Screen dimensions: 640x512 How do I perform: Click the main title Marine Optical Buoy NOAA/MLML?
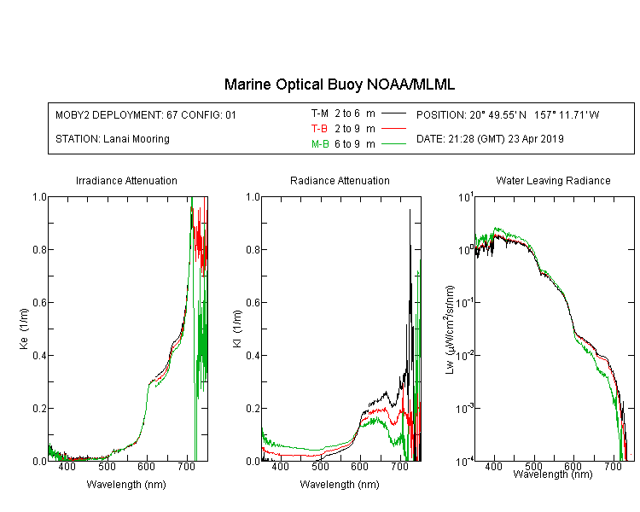pyautogui.click(x=339, y=84)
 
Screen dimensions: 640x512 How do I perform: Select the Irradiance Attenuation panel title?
pyautogui.click(x=126, y=180)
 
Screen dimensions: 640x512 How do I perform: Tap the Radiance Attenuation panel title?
pyautogui.click(x=340, y=180)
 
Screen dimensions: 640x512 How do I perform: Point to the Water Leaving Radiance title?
pyautogui.click(x=553, y=180)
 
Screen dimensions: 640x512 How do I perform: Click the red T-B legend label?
pyautogui.click(x=319, y=129)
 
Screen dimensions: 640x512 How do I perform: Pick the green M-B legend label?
pyautogui.click(x=320, y=143)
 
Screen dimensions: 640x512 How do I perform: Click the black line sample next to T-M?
pyautogui.click(x=393, y=113)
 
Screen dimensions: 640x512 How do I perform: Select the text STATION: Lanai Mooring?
pyautogui.click(x=113, y=139)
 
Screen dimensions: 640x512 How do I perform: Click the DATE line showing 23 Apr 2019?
pyautogui.click(x=490, y=139)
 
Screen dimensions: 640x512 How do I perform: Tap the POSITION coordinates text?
pyautogui.click(x=508, y=114)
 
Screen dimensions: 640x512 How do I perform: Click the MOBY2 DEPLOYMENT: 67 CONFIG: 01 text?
pyautogui.click(x=146, y=114)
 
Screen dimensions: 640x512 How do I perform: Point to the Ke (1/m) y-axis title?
pyautogui.click(x=24, y=329)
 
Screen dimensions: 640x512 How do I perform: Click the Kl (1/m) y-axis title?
pyautogui.click(x=237, y=329)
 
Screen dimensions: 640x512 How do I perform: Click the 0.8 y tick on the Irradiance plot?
pyautogui.click(x=39, y=249)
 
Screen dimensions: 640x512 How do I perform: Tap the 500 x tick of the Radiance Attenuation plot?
pyautogui.click(x=320, y=466)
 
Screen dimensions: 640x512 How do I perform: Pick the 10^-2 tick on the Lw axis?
pyautogui.click(x=465, y=355)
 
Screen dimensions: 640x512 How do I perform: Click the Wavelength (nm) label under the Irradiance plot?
pyautogui.click(x=126, y=485)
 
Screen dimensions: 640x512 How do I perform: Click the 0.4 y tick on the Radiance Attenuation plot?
pyautogui.click(x=253, y=355)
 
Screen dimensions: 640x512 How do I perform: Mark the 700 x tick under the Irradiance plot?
pyautogui.click(x=187, y=466)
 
